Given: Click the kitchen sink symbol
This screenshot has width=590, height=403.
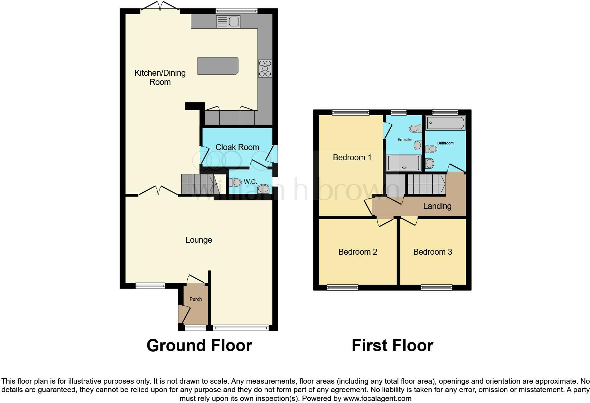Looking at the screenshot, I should [x=228, y=22].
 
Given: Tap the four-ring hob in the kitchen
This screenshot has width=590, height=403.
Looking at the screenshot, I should [x=265, y=68].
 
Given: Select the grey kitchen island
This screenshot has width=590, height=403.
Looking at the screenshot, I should [x=217, y=66].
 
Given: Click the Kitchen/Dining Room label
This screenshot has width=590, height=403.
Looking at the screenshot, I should [x=160, y=77].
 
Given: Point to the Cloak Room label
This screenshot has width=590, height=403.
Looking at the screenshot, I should [x=237, y=147].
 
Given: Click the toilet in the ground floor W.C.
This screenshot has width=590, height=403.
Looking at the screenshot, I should [x=235, y=182].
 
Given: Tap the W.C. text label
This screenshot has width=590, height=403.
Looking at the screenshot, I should [x=250, y=182].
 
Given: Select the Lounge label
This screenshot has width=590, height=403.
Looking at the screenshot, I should [x=199, y=240].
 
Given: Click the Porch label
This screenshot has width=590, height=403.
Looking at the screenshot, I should [x=195, y=299].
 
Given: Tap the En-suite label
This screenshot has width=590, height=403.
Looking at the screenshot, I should [x=404, y=140].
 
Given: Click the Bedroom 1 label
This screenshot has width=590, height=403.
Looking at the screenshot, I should [x=352, y=157].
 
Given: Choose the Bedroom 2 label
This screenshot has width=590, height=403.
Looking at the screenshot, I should [x=357, y=252].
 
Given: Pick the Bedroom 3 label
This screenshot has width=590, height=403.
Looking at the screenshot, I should [x=432, y=252].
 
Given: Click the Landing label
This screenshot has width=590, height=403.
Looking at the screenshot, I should [x=437, y=206].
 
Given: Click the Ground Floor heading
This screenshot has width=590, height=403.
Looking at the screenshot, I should [x=199, y=346].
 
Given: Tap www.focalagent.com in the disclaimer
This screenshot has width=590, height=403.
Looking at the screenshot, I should [x=377, y=399].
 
